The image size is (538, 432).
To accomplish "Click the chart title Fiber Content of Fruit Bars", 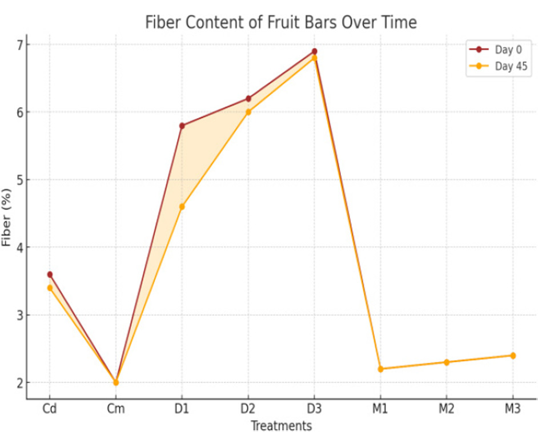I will (x=280, y=22).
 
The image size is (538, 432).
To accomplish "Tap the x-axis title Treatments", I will (x=282, y=426).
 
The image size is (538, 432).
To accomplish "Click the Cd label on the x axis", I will (x=50, y=409).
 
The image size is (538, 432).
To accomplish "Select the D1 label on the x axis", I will (x=182, y=409).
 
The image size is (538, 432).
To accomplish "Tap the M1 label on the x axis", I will (x=380, y=409).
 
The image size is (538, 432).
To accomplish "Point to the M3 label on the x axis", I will (x=512, y=409).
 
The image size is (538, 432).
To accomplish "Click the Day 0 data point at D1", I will (x=182, y=126).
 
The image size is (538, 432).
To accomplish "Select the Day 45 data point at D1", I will (x=182, y=207).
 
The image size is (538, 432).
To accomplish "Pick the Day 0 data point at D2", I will (x=248, y=99).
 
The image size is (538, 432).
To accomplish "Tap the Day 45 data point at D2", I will (x=248, y=112).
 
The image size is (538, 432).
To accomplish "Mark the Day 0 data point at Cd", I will (x=50, y=274).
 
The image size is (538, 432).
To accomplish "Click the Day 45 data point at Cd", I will (x=50, y=288).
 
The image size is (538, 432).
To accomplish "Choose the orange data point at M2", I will (x=447, y=362).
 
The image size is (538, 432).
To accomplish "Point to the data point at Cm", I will (x=116, y=382).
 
